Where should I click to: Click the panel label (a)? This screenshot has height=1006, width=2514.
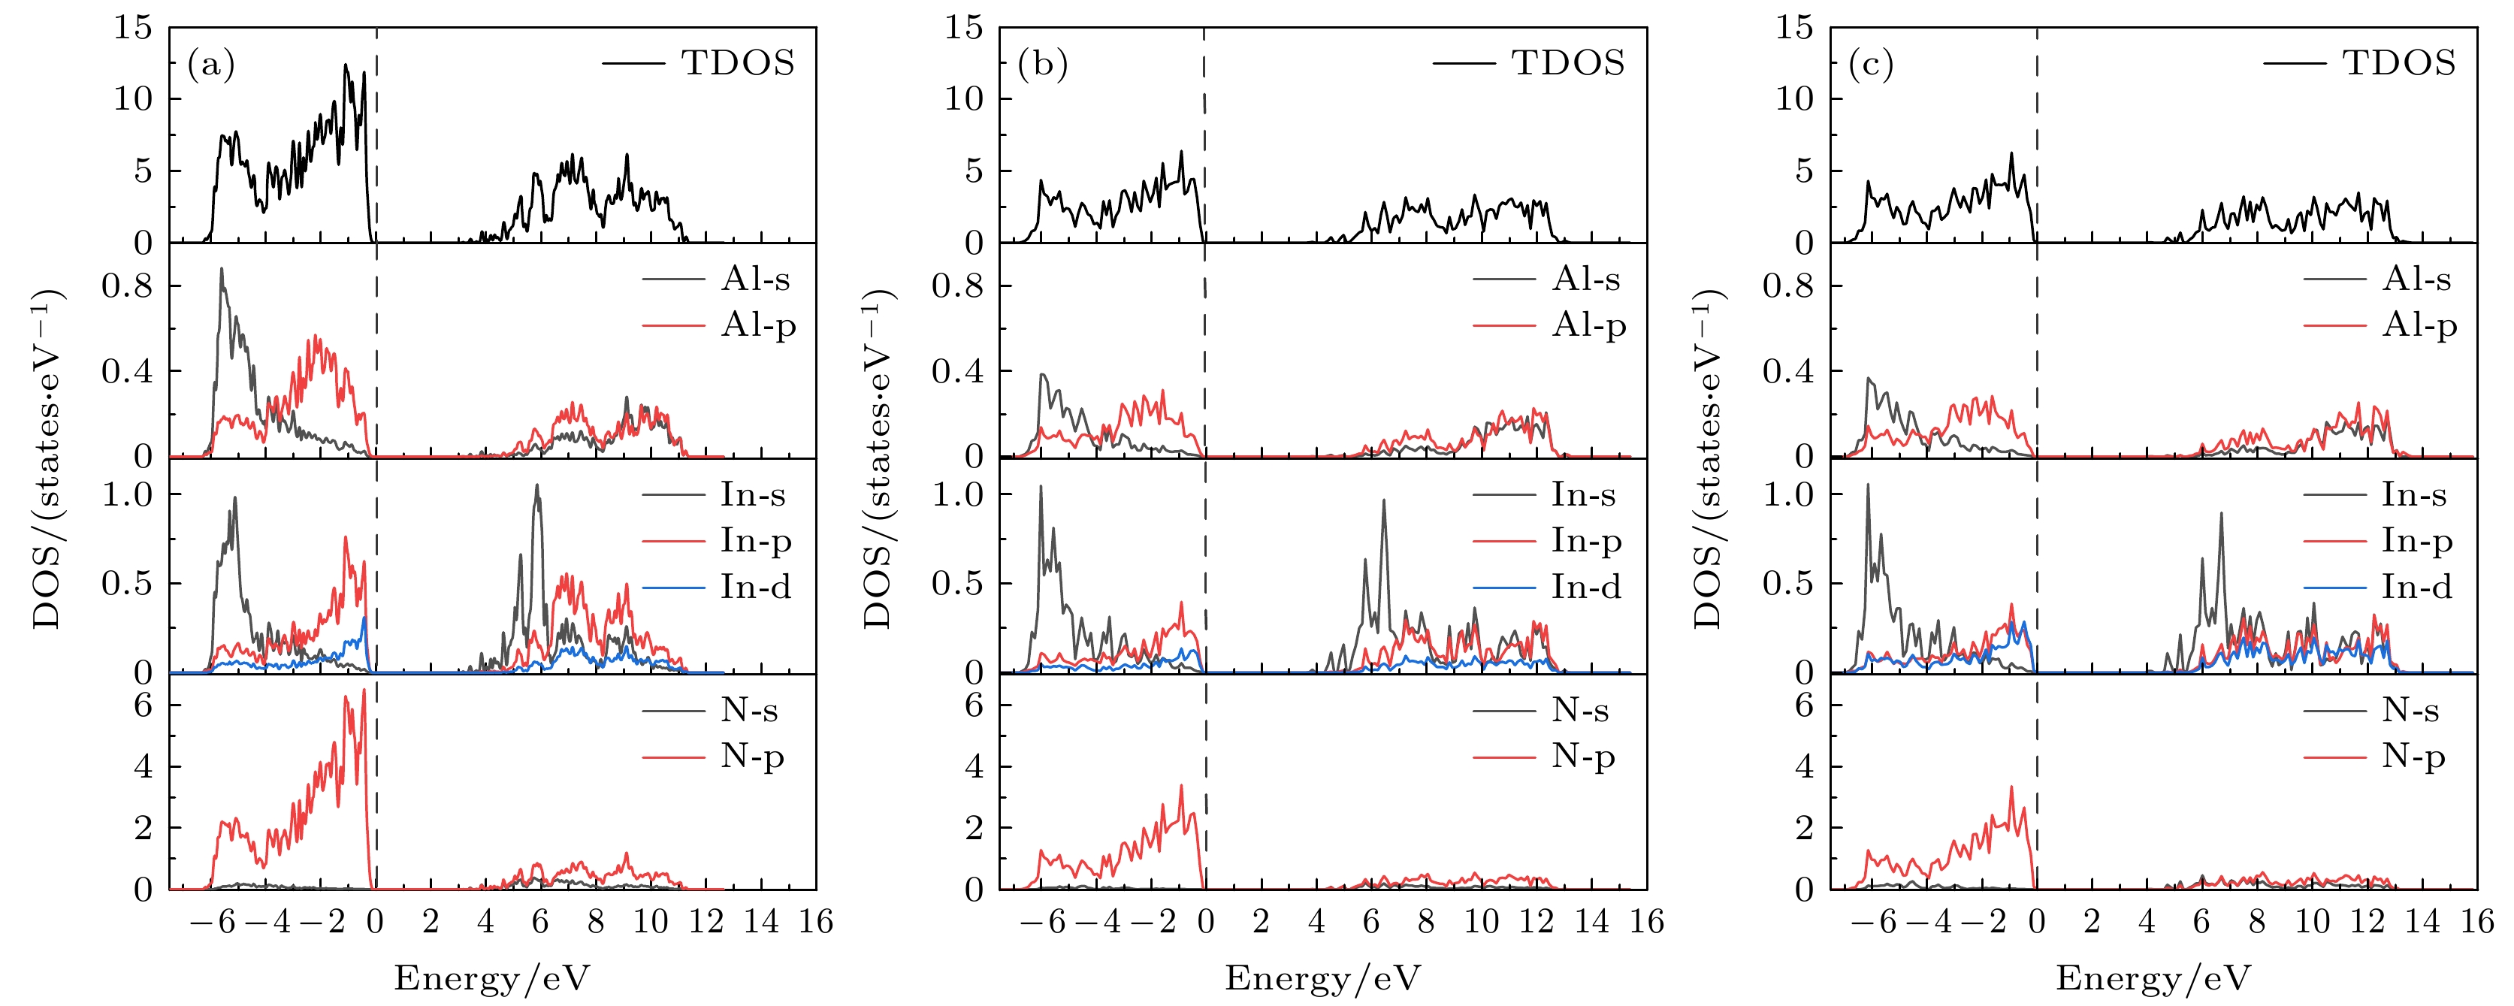(211, 65)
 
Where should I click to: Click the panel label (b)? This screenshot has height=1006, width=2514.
(1042, 65)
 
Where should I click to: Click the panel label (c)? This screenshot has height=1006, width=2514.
(1871, 65)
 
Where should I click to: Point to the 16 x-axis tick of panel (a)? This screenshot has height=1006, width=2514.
(816, 922)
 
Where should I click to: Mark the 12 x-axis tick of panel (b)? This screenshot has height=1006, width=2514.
(1536, 922)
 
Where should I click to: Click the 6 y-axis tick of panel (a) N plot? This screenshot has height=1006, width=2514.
(143, 705)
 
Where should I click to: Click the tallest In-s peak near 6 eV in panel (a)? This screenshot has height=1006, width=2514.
(536, 486)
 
